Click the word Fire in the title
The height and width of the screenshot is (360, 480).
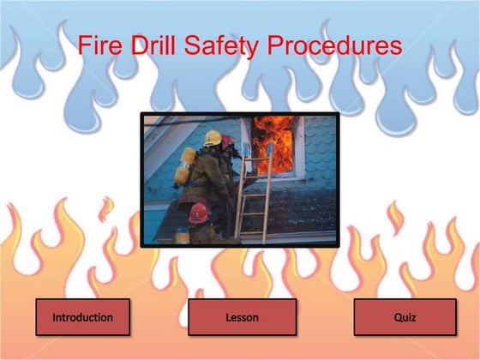98,46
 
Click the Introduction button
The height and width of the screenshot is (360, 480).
82,317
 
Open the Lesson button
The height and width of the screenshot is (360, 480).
242,317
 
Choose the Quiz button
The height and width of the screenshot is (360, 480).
405,317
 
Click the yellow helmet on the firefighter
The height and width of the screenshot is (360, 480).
213,137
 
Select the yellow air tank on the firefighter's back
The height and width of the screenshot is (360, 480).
185,166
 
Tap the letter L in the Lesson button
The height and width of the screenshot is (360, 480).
228,317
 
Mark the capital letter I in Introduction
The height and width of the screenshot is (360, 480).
54,317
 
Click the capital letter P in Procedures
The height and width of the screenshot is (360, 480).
278,46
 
